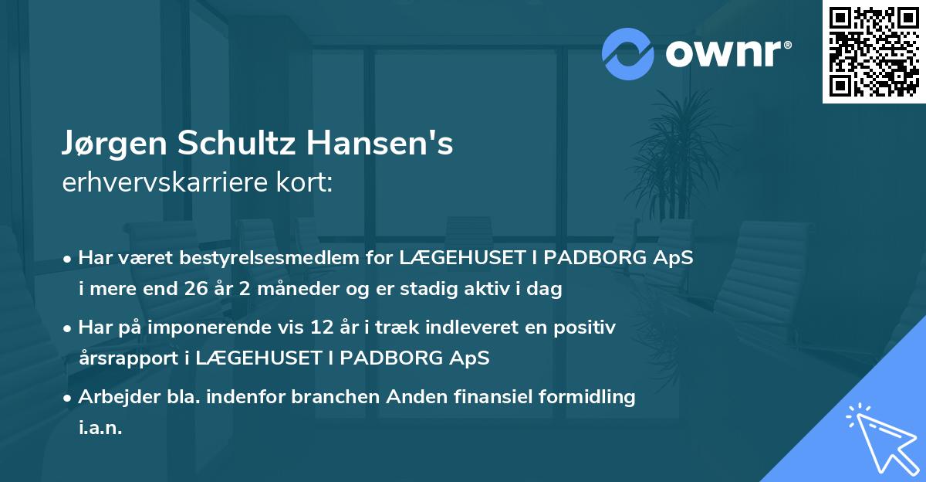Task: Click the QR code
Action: tap(874, 52)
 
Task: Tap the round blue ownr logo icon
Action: tap(628, 53)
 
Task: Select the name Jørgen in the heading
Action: tap(114, 144)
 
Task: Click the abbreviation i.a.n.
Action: tap(100, 427)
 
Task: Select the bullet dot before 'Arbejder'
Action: tap(69, 399)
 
